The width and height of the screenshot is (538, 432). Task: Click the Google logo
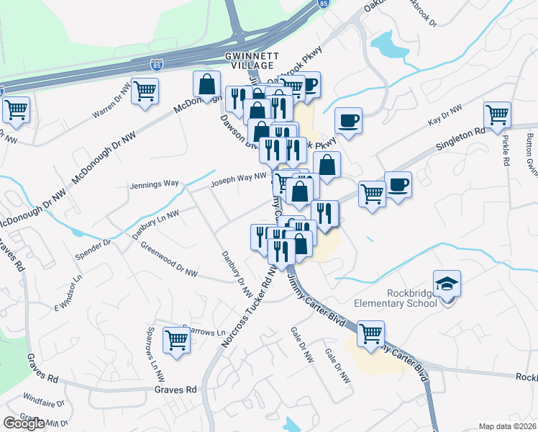coord(24,423)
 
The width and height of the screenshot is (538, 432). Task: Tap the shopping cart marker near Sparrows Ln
coord(177,341)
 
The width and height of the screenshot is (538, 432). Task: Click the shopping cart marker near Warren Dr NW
coord(145,91)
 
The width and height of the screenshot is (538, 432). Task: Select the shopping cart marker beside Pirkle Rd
coord(497,115)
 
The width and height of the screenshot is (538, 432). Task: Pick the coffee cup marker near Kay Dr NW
coord(349,120)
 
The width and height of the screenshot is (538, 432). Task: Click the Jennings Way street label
coord(154,184)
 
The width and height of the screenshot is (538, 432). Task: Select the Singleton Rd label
coord(460,140)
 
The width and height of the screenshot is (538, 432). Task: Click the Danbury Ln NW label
coord(155,223)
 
